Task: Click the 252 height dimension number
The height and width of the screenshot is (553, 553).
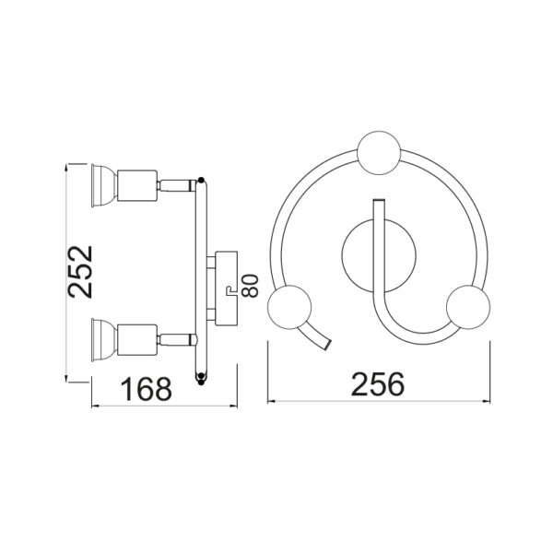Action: click(x=80, y=272)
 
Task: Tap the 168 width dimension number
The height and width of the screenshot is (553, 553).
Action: click(x=146, y=389)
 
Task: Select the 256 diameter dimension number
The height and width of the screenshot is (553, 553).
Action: click(x=378, y=383)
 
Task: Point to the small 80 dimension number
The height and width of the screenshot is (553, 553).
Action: click(x=251, y=286)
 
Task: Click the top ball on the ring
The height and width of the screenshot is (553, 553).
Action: click(x=379, y=153)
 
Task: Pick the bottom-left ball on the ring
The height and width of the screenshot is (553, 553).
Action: click(x=289, y=307)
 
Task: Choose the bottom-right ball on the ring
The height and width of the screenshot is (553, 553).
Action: click(x=468, y=307)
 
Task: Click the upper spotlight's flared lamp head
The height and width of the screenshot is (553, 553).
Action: click(x=103, y=185)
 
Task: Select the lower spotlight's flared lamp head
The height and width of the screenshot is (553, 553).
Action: click(x=103, y=340)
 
